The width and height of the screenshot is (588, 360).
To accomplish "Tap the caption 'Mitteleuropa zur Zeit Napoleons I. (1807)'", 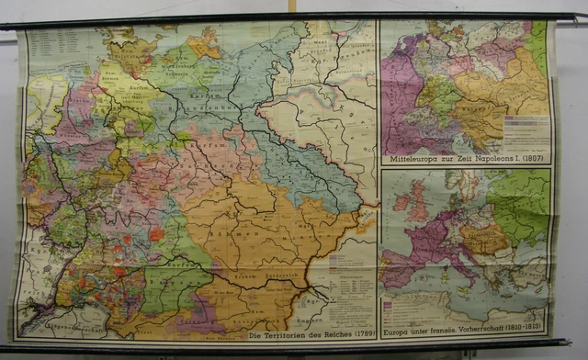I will [466, 158].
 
